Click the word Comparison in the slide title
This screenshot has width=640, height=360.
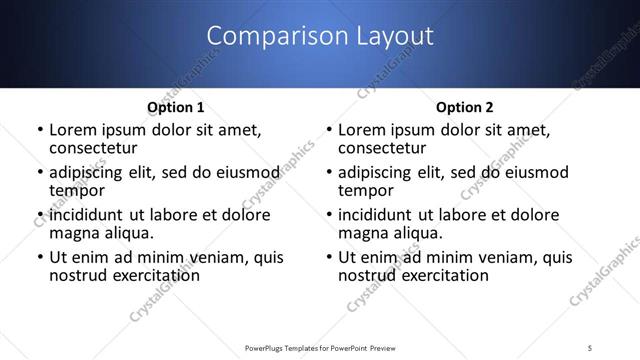pos(267,36)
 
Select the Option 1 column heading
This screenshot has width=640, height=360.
pos(175,107)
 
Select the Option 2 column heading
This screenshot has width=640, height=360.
pos(464,107)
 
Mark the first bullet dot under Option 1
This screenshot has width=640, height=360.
pos(39,130)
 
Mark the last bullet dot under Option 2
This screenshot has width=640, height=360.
pos(328,258)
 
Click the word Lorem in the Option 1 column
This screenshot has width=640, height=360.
pos(74,130)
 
